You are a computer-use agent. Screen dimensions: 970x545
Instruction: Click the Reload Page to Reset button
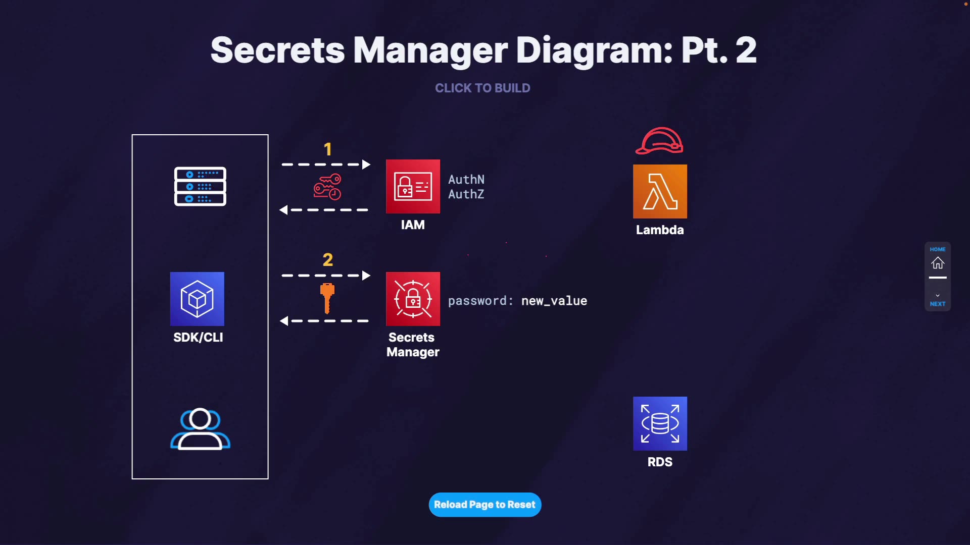point(484,505)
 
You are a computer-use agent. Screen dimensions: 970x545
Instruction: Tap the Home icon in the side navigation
point(938,263)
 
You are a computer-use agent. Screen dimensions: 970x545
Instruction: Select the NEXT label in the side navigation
point(938,304)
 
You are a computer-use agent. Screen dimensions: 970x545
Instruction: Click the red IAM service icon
point(413,186)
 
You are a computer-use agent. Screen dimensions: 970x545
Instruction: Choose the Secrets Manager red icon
point(413,299)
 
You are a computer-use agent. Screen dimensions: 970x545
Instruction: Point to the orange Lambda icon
point(660,191)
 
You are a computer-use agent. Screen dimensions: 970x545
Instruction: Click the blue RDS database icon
point(660,423)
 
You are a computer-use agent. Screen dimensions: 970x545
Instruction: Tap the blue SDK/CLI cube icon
point(197,299)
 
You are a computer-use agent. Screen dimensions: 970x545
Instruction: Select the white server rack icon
point(200,186)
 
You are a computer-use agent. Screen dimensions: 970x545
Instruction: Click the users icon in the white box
point(200,429)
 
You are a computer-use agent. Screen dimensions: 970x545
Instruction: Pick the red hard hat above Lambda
point(659,141)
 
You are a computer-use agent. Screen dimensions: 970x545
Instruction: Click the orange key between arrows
point(327,298)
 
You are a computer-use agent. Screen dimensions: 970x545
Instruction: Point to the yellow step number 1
point(328,149)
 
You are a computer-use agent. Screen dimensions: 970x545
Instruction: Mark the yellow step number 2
point(328,260)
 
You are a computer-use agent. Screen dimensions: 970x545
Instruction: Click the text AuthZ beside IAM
point(466,194)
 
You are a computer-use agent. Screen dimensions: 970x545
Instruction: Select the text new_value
point(554,301)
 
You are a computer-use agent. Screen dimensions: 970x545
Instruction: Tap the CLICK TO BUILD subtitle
point(482,88)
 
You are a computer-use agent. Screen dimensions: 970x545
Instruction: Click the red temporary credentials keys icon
point(327,187)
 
